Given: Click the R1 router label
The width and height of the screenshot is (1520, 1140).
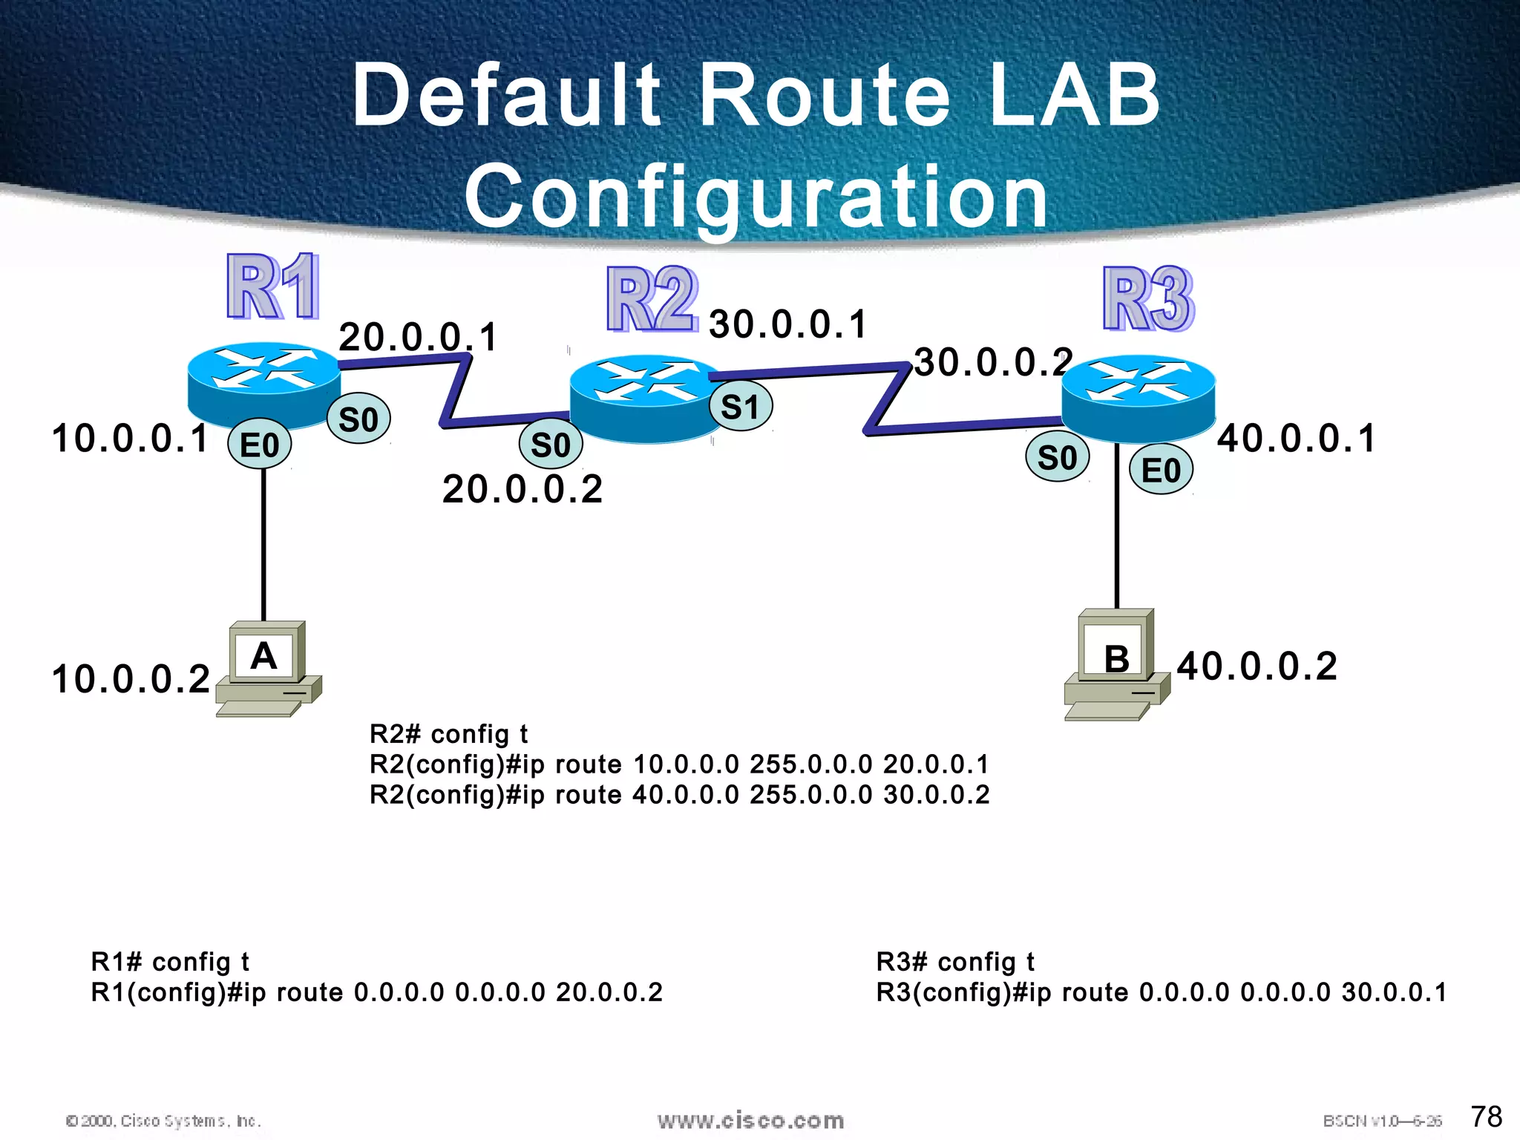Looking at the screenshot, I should tap(273, 287).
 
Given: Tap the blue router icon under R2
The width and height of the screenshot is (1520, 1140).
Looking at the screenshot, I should tap(644, 399).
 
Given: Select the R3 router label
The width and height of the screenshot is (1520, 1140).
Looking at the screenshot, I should tap(1147, 299).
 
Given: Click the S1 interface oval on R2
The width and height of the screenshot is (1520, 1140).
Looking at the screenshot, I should tap(740, 407).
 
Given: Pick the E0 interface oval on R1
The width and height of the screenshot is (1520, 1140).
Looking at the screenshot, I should tap(259, 445).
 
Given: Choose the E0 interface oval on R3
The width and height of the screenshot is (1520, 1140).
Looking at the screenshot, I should tap(1161, 470).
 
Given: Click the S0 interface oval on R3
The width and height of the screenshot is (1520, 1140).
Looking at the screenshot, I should tap(1057, 457).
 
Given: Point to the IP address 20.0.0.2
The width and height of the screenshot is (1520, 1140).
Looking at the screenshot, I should tap(522, 489).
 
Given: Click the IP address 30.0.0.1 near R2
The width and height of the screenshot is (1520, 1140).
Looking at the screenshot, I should tap(787, 324).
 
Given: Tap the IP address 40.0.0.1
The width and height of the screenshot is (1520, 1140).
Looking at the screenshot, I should tap(1296, 438).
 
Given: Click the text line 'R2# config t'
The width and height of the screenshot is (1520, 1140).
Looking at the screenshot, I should tap(448, 734).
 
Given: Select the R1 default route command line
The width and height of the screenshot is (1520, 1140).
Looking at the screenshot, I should tap(376, 992).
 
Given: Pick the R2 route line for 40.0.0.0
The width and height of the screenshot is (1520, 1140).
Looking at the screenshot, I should tap(679, 795).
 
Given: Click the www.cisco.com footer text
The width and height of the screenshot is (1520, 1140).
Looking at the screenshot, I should tap(750, 1120).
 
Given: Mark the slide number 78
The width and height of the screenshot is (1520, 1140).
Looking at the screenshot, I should tap(1486, 1116).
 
